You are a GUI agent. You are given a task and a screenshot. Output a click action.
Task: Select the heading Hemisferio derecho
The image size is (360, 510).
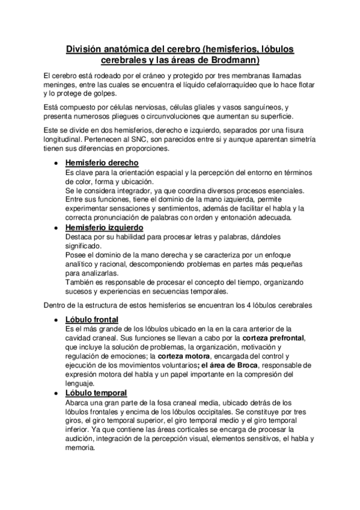102,163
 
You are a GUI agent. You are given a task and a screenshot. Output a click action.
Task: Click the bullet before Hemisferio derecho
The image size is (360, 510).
56,164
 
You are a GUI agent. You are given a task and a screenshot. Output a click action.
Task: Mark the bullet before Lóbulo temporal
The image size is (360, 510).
56,393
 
